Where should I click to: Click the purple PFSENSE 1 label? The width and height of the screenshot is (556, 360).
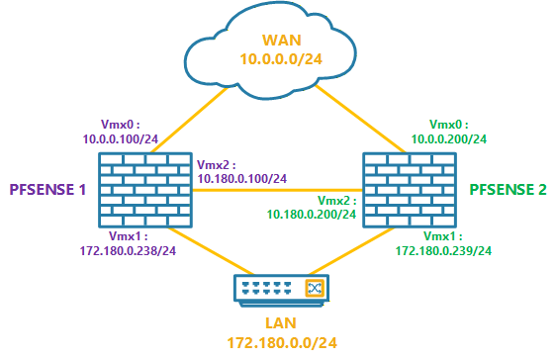coord(49,188)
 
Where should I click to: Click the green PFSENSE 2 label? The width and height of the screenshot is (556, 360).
coord(508,188)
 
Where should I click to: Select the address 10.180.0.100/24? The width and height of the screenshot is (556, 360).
coord(242,179)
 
